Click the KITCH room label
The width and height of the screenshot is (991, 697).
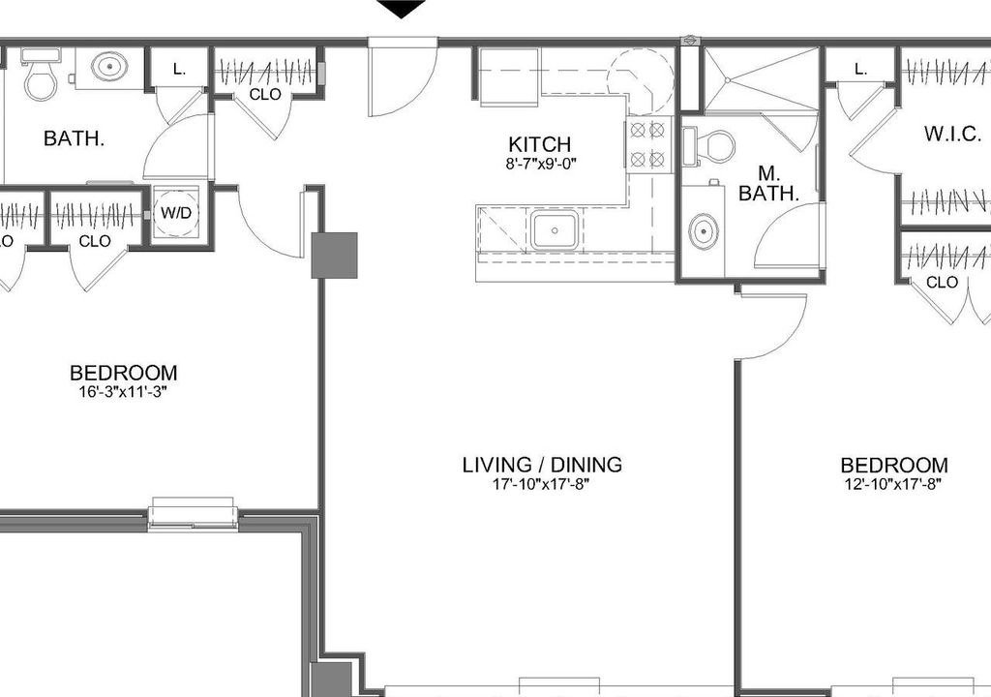[x=539, y=144]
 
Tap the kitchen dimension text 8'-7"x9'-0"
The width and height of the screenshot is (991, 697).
[x=541, y=165]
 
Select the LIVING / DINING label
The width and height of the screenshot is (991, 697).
[x=542, y=465]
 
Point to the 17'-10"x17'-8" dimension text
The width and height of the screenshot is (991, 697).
[x=541, y=485]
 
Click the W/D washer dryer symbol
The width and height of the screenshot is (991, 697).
[x=176, y=213]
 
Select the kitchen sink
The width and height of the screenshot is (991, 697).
[x=554, y=230]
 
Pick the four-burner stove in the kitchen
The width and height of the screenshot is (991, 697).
[x=647, y=144]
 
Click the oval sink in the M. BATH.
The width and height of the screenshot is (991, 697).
[x=703, y=231]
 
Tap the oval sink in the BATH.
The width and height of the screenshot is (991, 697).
[x=109, y=67]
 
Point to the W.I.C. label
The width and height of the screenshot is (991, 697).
[x=952, y=135]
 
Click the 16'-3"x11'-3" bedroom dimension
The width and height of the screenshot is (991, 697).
[x=123, y=392]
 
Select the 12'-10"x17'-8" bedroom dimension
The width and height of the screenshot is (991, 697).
[x=893, y=485]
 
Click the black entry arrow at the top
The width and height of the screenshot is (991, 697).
[x=402, y=9]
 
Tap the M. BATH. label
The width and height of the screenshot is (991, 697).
[x=768, y=183]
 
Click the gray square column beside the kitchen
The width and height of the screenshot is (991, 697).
[x=334, y=256]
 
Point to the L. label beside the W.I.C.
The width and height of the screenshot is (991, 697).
[x=860, y=70]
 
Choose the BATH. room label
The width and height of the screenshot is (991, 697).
[x=74, y=138]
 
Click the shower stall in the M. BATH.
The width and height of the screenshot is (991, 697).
[x=763, y=80]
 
